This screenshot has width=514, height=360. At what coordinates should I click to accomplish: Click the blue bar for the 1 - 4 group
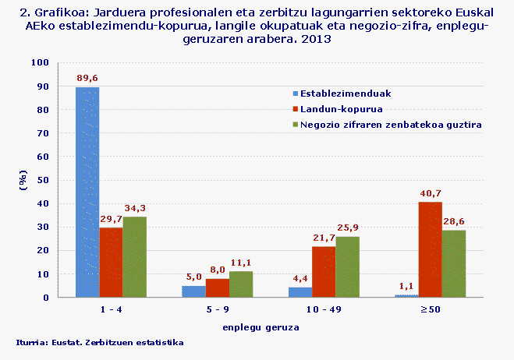click(x=87, y=192)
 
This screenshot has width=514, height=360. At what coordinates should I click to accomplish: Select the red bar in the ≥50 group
click(x=431, y=249)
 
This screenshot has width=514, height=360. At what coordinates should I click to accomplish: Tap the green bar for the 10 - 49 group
click(x=347, y=267)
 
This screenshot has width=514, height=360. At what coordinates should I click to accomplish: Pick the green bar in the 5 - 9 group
click(x=241, y=284)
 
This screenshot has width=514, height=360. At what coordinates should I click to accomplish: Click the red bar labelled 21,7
click(x=324, y=272)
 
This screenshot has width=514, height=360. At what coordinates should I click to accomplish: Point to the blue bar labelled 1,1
click(x=406, y=295)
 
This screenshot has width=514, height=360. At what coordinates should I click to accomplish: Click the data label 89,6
click(x=87, y=78)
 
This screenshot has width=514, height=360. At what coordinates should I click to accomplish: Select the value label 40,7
click(x=431, y=193)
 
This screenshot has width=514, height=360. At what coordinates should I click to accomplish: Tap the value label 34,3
click(x=134, y=208)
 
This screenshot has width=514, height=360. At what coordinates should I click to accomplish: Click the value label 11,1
click(x=241, y=263)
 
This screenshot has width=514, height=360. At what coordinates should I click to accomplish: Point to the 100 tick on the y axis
click(x=62, y=62)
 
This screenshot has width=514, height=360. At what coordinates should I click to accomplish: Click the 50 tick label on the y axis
click(x=65, y=180)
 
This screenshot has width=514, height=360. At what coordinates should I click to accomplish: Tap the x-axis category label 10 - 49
click(x=324, y=310)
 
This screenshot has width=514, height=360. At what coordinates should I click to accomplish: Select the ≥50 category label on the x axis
click(x=431, y=310)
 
